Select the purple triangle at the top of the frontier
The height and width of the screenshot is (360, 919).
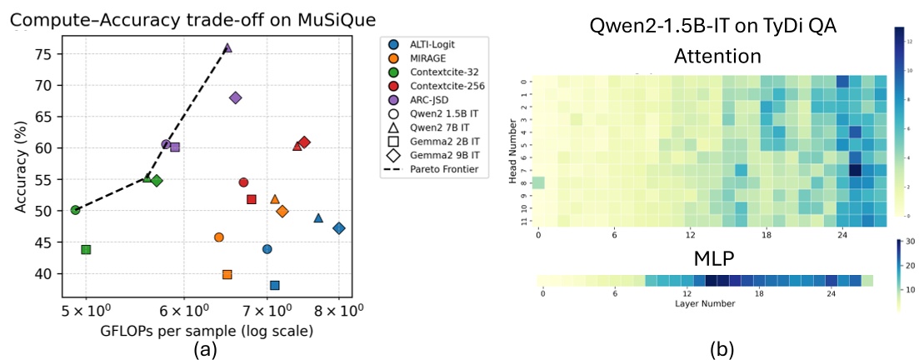[227, 48]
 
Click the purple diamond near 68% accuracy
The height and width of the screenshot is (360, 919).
[235, 97]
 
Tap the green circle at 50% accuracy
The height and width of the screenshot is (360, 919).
[76, 210]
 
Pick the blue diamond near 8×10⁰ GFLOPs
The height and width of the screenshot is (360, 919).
[338, 228]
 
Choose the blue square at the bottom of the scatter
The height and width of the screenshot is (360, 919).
[274, 285]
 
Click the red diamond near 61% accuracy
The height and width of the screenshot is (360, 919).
[304, 142]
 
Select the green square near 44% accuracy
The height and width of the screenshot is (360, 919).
[86, 249]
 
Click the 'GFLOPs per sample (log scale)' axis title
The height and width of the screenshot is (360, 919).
[205, 331]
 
